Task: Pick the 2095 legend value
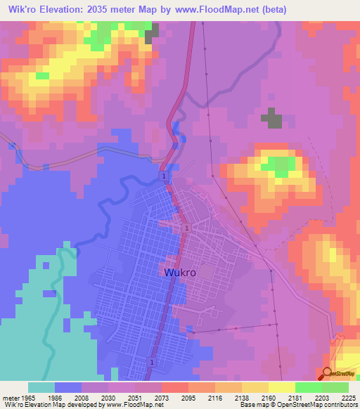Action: point(191,397)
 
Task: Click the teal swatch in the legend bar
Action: point(41,387)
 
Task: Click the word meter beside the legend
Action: point(11,397)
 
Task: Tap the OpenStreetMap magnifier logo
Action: point(326,374)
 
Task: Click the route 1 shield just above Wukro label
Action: point(187,229)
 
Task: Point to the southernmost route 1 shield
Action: point(152,361)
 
